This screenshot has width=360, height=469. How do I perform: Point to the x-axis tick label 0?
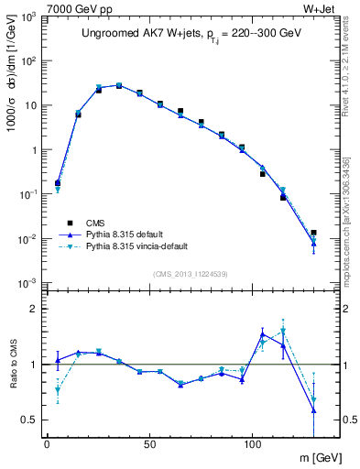47,442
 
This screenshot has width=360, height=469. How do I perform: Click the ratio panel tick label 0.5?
29,420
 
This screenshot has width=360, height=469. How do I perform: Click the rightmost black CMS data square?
313,233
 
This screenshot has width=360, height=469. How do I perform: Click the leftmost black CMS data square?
58,183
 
